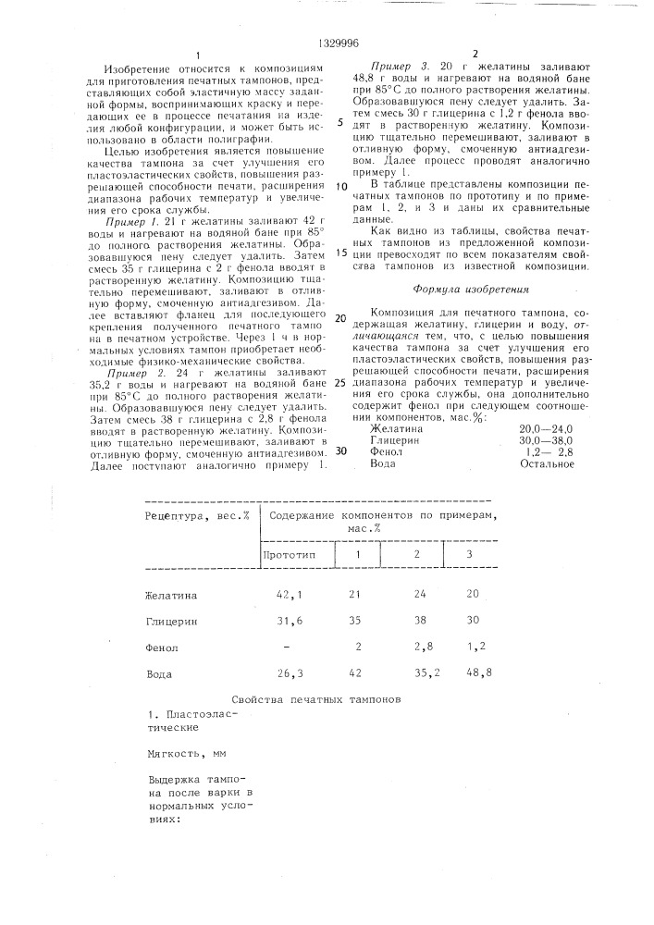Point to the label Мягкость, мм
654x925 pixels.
pyautogui.click(x=187, y=754)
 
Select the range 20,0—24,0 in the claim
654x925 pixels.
pyautogui.click(x=546, y=429)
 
